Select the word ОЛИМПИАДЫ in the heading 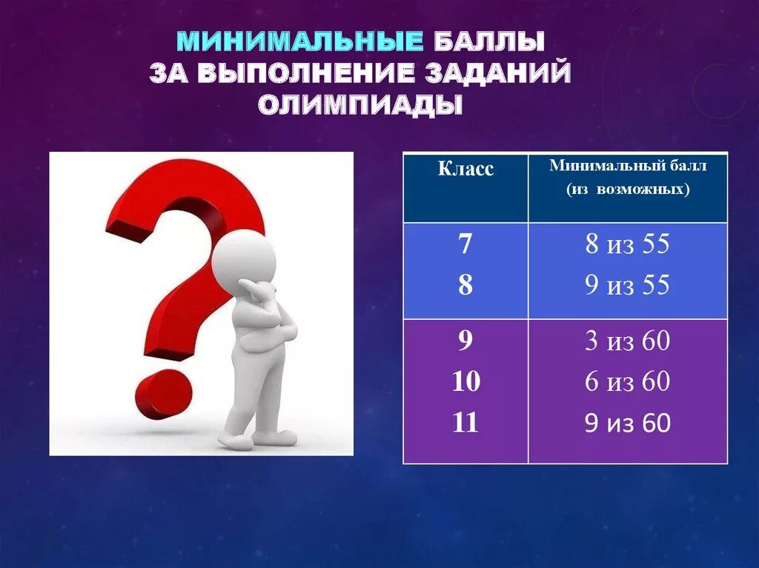(x=360, y=105)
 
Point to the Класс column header (x=465, y=169)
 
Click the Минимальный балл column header (x=628, y=166)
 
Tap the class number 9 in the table (x=465, y=341)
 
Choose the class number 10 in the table (x=465, y=382)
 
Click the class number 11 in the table (x=465, y=423)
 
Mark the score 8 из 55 (x=627, y=244)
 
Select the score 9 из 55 (x=627, y=285)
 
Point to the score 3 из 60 (x=627, y=341)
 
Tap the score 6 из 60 (x=627, y=382)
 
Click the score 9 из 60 (x=627, y=423)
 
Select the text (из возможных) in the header (x=628, y=190)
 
